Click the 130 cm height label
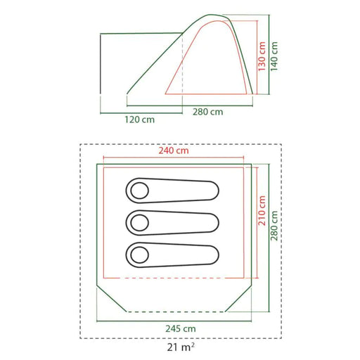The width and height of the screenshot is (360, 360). click(262, 56)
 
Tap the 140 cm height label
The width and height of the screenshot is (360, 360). click(274, 56)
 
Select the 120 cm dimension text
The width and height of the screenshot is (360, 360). click(139, 120)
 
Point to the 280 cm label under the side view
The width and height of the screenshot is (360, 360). click(208, 112)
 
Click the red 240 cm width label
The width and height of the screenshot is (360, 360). click(174, 150)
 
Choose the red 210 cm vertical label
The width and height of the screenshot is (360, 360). click(262, 211)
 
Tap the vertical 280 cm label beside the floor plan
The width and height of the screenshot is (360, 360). click(274, 226)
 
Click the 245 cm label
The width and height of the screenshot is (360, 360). click(181, 329)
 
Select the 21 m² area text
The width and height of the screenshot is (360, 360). click(181, 347)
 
